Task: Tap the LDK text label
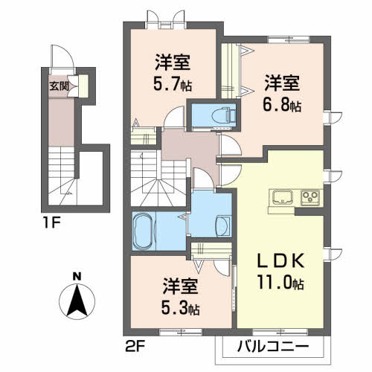[280, 263]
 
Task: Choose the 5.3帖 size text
[182, 306]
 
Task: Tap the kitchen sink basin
[283, 197]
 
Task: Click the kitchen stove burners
[309, 197]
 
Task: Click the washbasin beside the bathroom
[221, 225]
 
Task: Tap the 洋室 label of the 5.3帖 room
[182, 284]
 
